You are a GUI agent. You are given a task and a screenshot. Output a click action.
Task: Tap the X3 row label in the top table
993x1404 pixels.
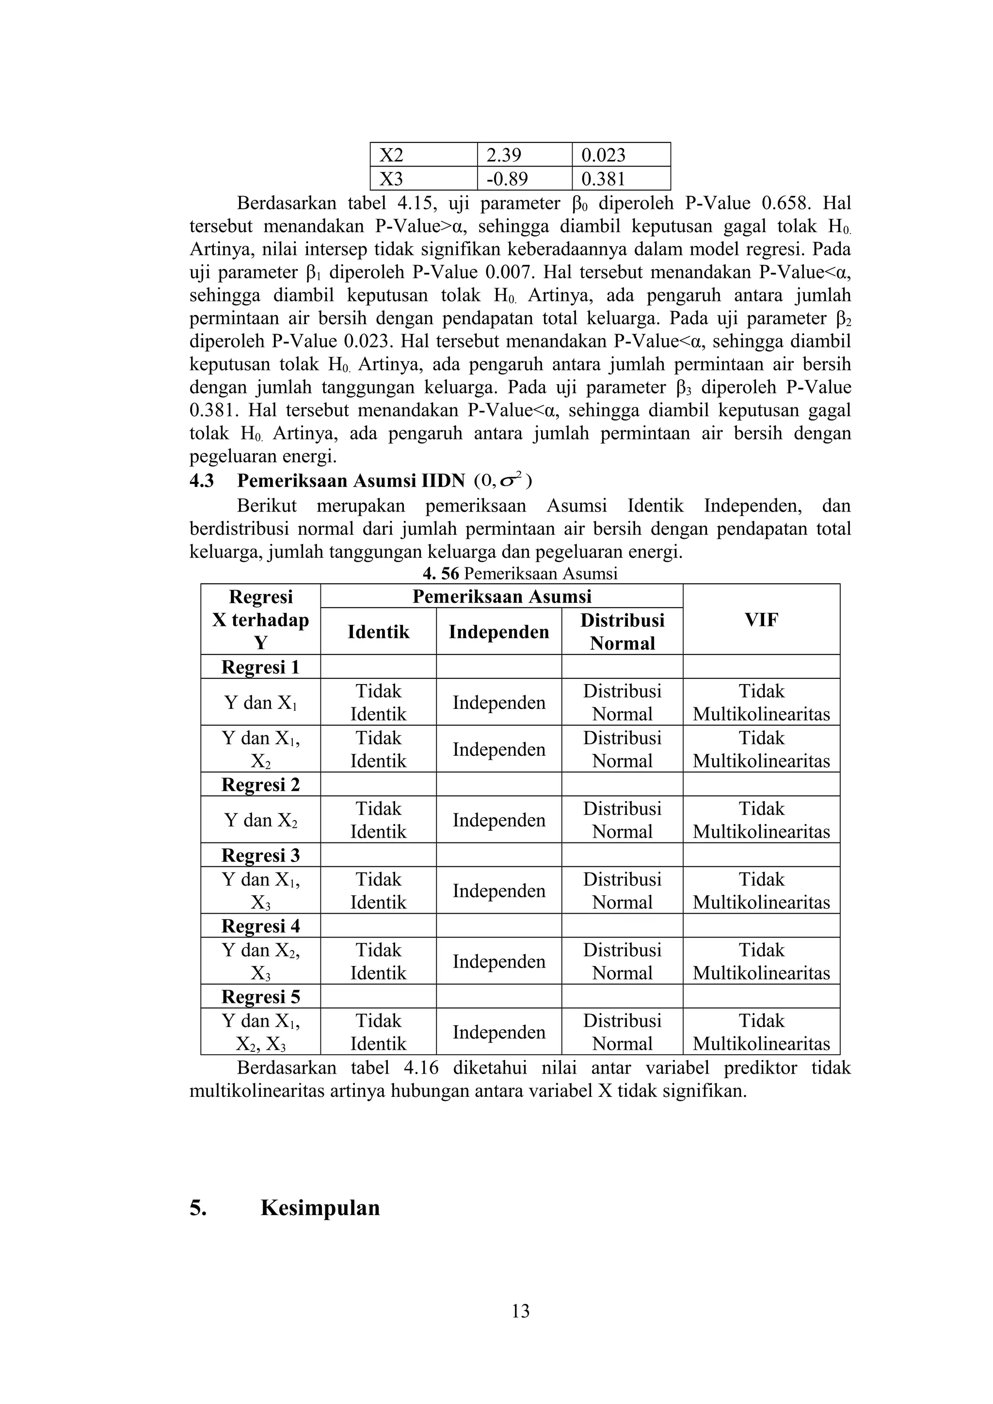click(392, 179)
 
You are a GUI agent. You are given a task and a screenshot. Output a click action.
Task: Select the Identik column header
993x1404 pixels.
click(378, 632)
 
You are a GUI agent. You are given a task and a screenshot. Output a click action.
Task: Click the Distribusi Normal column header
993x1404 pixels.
click(622, 632)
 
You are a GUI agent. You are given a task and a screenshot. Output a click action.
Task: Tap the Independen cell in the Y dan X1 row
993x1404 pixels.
click(498, 702)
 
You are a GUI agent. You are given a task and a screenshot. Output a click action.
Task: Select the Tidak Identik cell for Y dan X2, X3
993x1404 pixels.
click(378, 961)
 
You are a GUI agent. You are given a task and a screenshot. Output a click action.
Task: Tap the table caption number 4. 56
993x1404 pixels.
click(441, 574)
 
